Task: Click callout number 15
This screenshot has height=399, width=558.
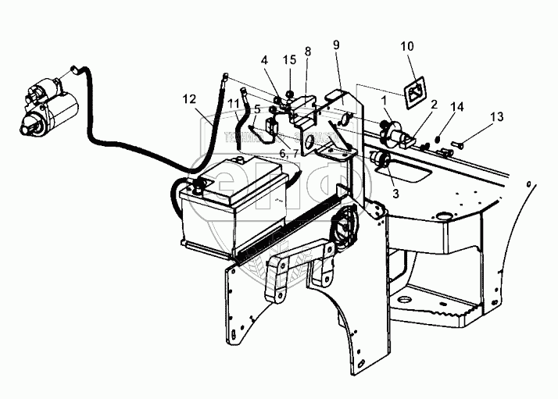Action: click(290, 59)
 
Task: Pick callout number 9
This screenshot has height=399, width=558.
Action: click(335, 45)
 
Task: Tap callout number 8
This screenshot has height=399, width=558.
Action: click(308, 52)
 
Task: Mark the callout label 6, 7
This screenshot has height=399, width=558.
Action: click(286, 152)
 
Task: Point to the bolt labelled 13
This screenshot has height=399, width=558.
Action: click(459, 144)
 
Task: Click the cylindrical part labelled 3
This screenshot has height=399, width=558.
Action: click(382, 160)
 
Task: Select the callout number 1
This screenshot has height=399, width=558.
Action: click(384, 99)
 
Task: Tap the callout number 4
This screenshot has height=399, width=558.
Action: click(265, 59)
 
